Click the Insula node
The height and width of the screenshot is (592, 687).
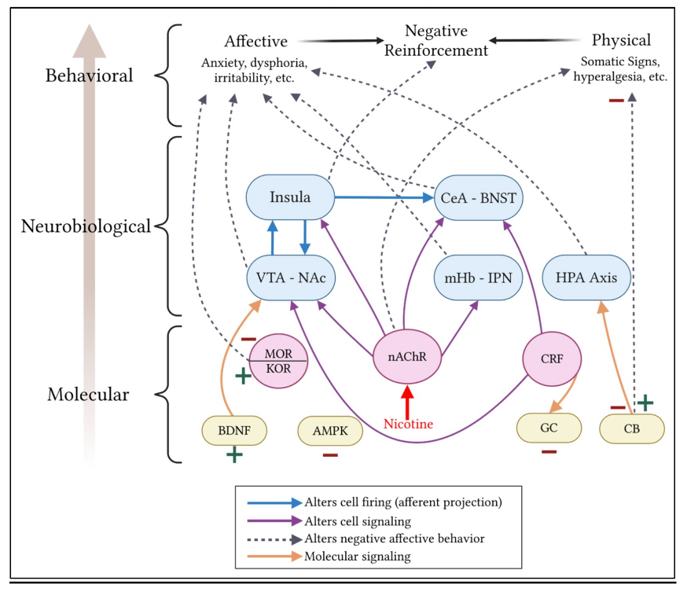(290, 197)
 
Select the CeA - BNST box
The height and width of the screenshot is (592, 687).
(478, 197)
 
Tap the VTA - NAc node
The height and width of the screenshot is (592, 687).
(291, 278)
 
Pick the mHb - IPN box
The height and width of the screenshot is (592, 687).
(478, 278)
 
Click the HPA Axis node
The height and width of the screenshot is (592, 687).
(586, 278)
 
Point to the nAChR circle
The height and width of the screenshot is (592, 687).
(407, 357)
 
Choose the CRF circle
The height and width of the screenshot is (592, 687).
(552, 359)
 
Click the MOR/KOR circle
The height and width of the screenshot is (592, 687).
(278, 361)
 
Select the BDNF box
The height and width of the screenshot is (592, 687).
(234, 430)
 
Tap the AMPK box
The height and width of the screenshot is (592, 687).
(330, 431)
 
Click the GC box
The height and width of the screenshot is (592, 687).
(549, 428)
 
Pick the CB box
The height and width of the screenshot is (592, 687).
(632, 428)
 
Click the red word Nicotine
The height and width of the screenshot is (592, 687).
(408, 424)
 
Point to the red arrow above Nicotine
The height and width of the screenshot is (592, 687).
(407, 402)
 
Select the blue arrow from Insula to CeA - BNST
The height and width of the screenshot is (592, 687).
(384, 197)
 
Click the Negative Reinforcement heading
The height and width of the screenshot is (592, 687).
(436, 40)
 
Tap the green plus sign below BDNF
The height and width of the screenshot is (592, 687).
(234, 454)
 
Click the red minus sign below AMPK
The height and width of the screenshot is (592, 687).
(330, 455)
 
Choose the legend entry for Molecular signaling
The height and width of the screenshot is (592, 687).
(329, 557)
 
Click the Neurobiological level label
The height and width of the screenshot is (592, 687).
(86, 226)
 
